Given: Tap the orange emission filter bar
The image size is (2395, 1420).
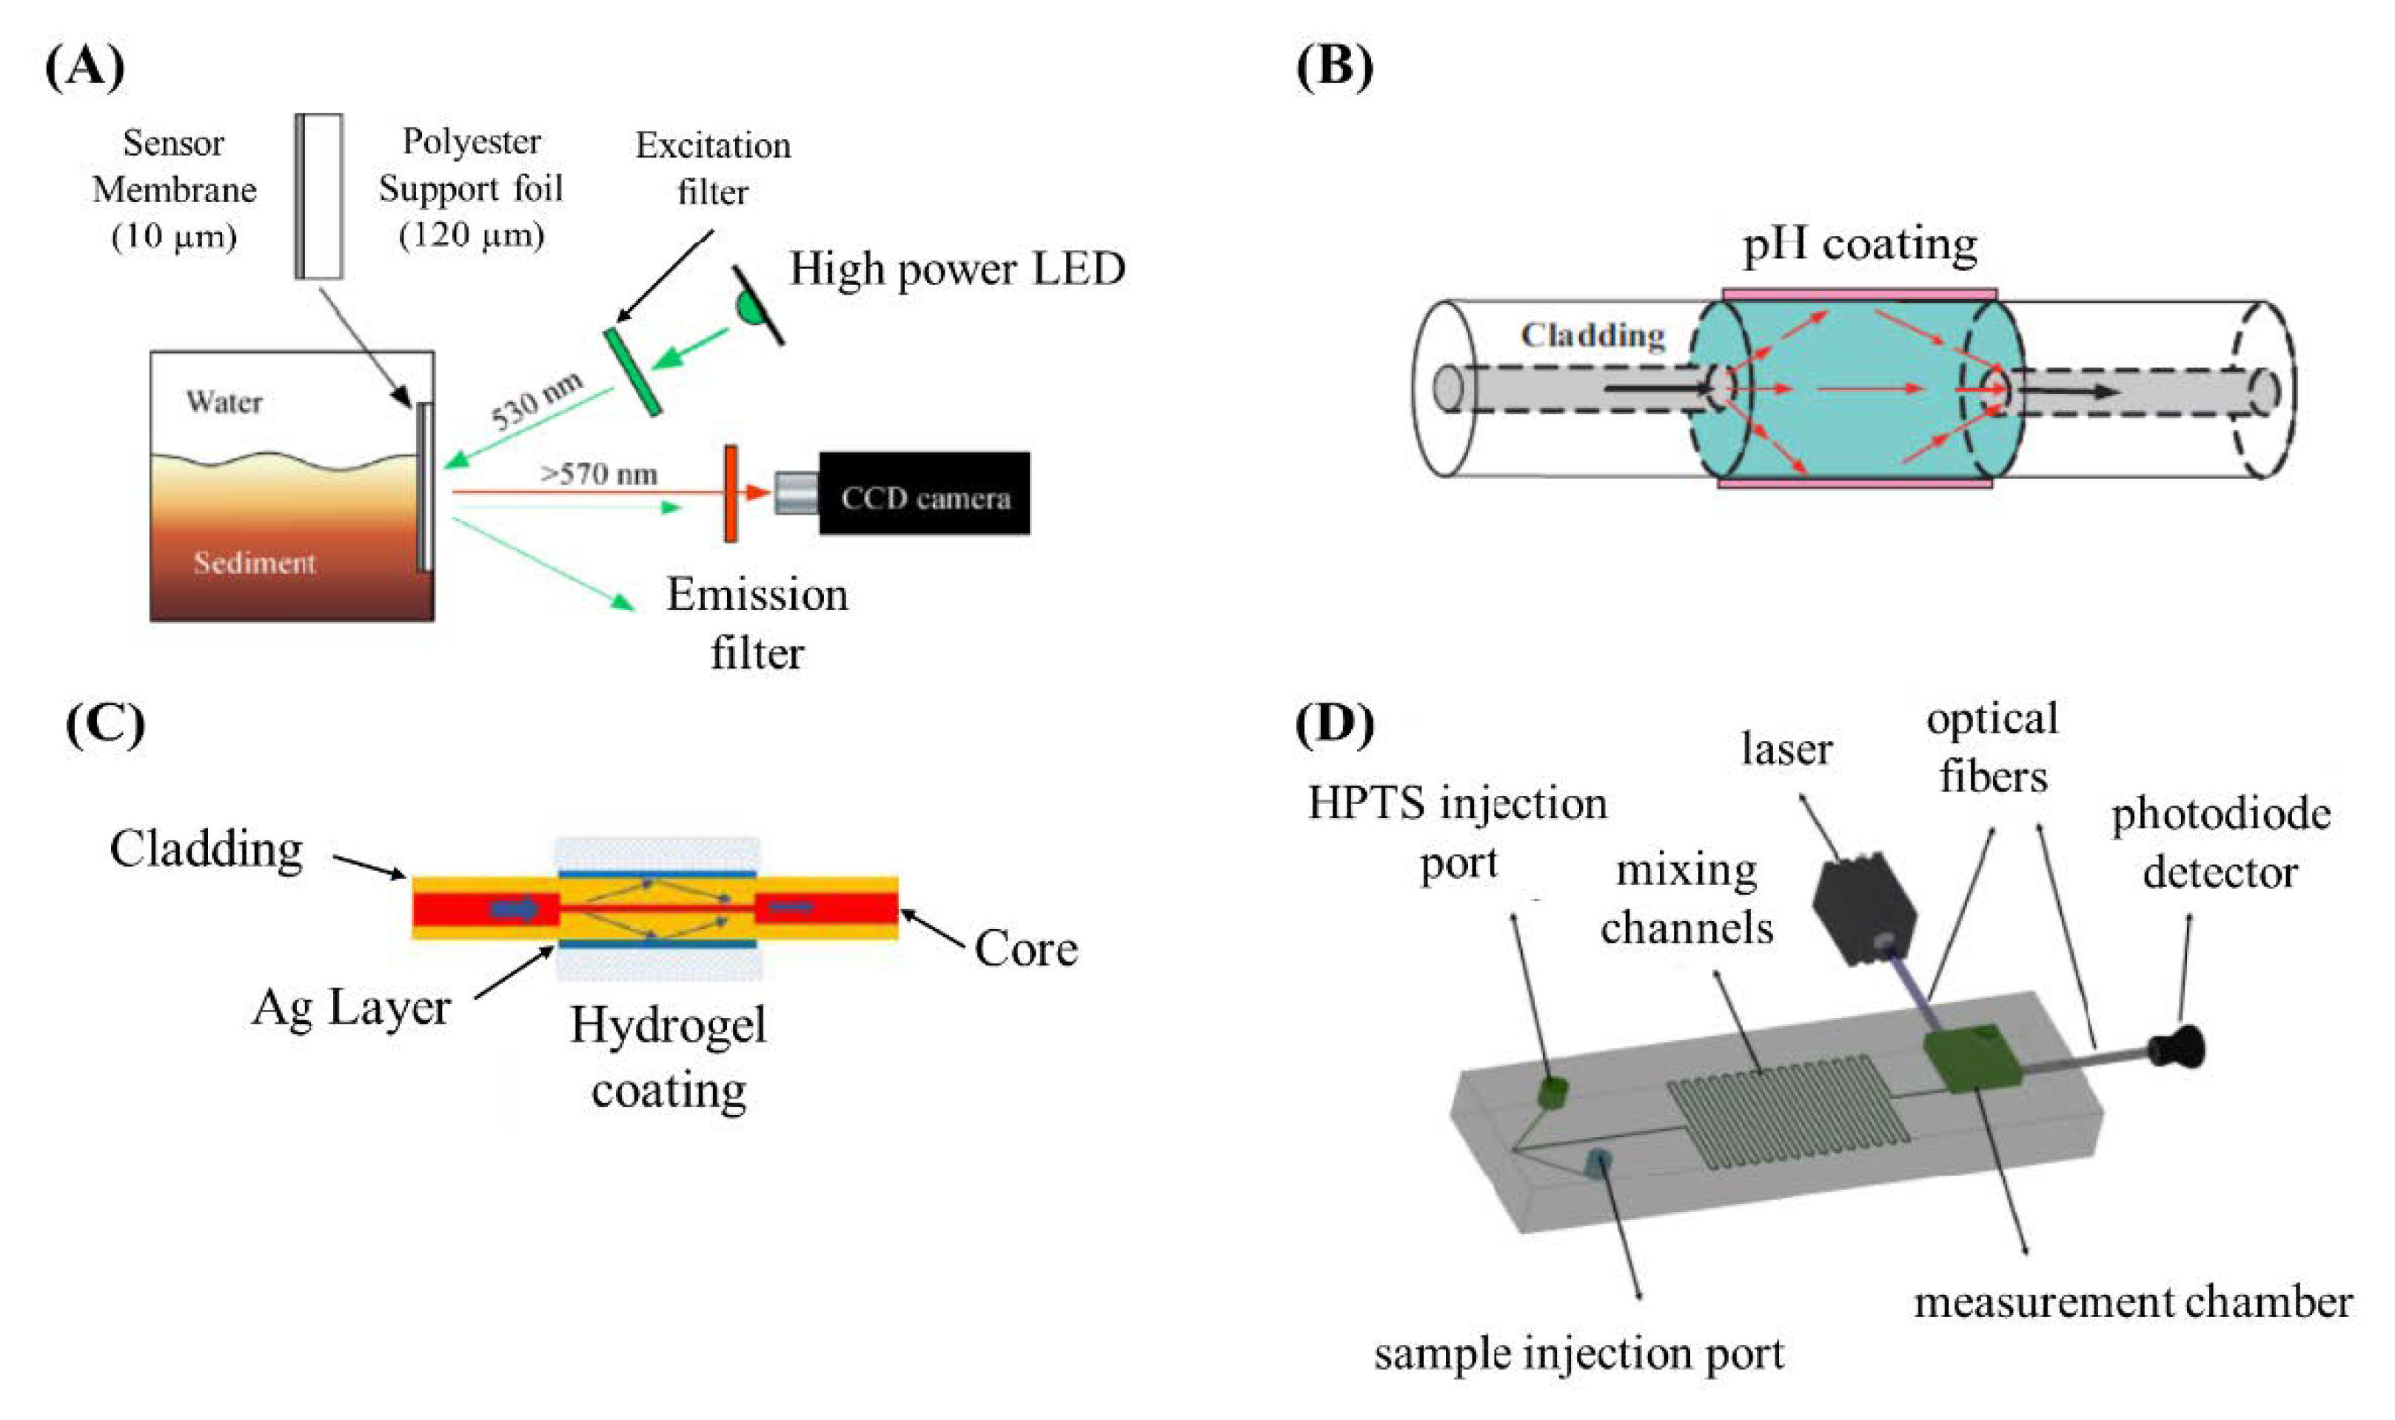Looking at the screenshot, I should [x=730, y=494].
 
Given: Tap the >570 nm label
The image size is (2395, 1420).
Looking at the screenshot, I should [x=598, y=474].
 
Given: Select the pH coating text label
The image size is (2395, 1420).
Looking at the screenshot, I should [x=1858, y=245].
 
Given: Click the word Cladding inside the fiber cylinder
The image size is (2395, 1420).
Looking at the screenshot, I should [x=1592, y=336].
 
